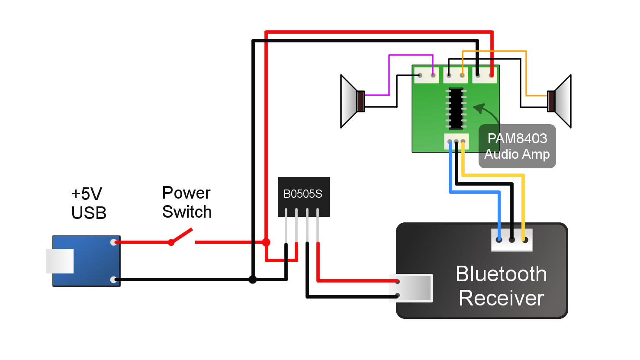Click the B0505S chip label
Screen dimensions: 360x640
click(x=303, y=194)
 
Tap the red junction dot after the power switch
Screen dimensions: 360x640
click(x=266, y=242)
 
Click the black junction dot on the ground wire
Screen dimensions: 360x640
click(x=253, y=280)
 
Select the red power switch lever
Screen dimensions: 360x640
click(x=182, y=236)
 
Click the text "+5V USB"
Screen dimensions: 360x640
click(x=89, y=203)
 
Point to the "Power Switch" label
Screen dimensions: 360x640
click(x=187, y=202)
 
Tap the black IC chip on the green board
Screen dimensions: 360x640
click(x=456, y=108)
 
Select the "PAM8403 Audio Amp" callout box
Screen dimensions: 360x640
click(x=517, y=146)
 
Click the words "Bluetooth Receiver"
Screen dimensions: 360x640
click(x=501, y=286)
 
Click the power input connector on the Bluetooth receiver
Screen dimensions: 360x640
click(x=411, y=288)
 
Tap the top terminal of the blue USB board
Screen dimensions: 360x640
click(x=113, y=242)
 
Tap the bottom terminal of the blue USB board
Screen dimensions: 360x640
click(x=113, y=280)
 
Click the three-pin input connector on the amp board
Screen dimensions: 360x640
click(x=456, y=141)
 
